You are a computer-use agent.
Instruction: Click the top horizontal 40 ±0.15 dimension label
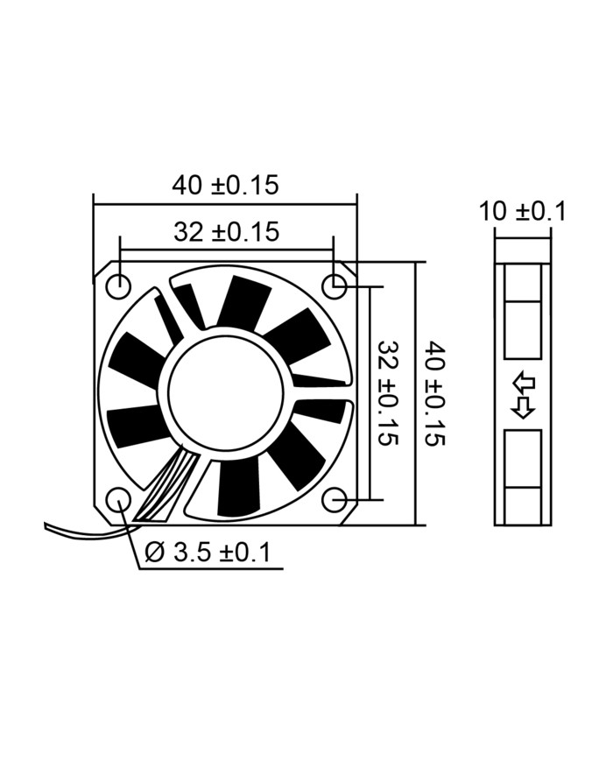226,185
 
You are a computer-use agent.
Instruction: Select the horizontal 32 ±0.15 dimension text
227,232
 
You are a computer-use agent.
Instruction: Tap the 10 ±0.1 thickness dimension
522,212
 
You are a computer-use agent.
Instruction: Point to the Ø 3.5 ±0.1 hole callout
208,553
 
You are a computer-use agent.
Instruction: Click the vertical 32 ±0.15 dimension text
388,393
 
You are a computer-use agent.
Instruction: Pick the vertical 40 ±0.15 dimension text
435,393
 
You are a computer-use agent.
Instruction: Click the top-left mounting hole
118,285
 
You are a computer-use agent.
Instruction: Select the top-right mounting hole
335,285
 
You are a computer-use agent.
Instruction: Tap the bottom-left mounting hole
118,500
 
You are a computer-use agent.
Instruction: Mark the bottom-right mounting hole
335,500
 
